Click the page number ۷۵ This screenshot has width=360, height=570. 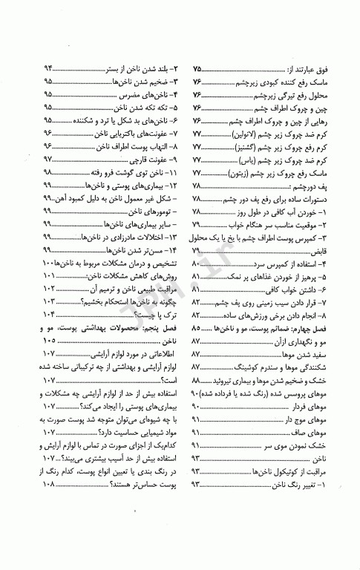pyautogui.click(x=198, y=68)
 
